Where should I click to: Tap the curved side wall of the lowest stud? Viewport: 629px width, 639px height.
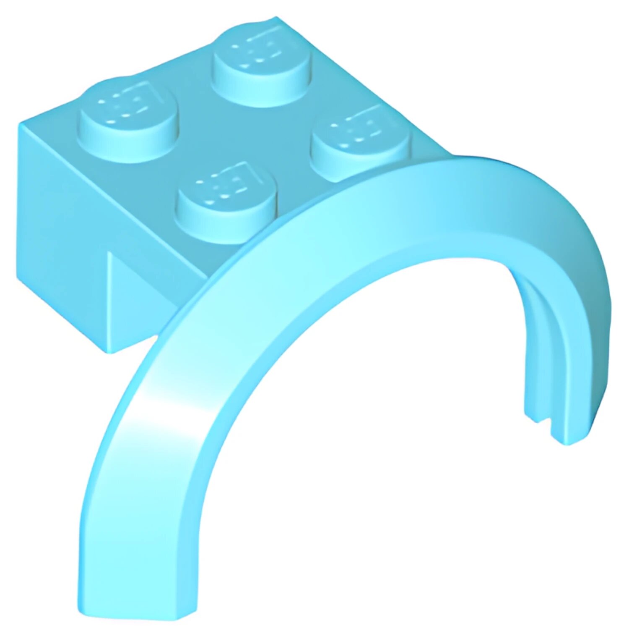[x=226, y=227]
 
